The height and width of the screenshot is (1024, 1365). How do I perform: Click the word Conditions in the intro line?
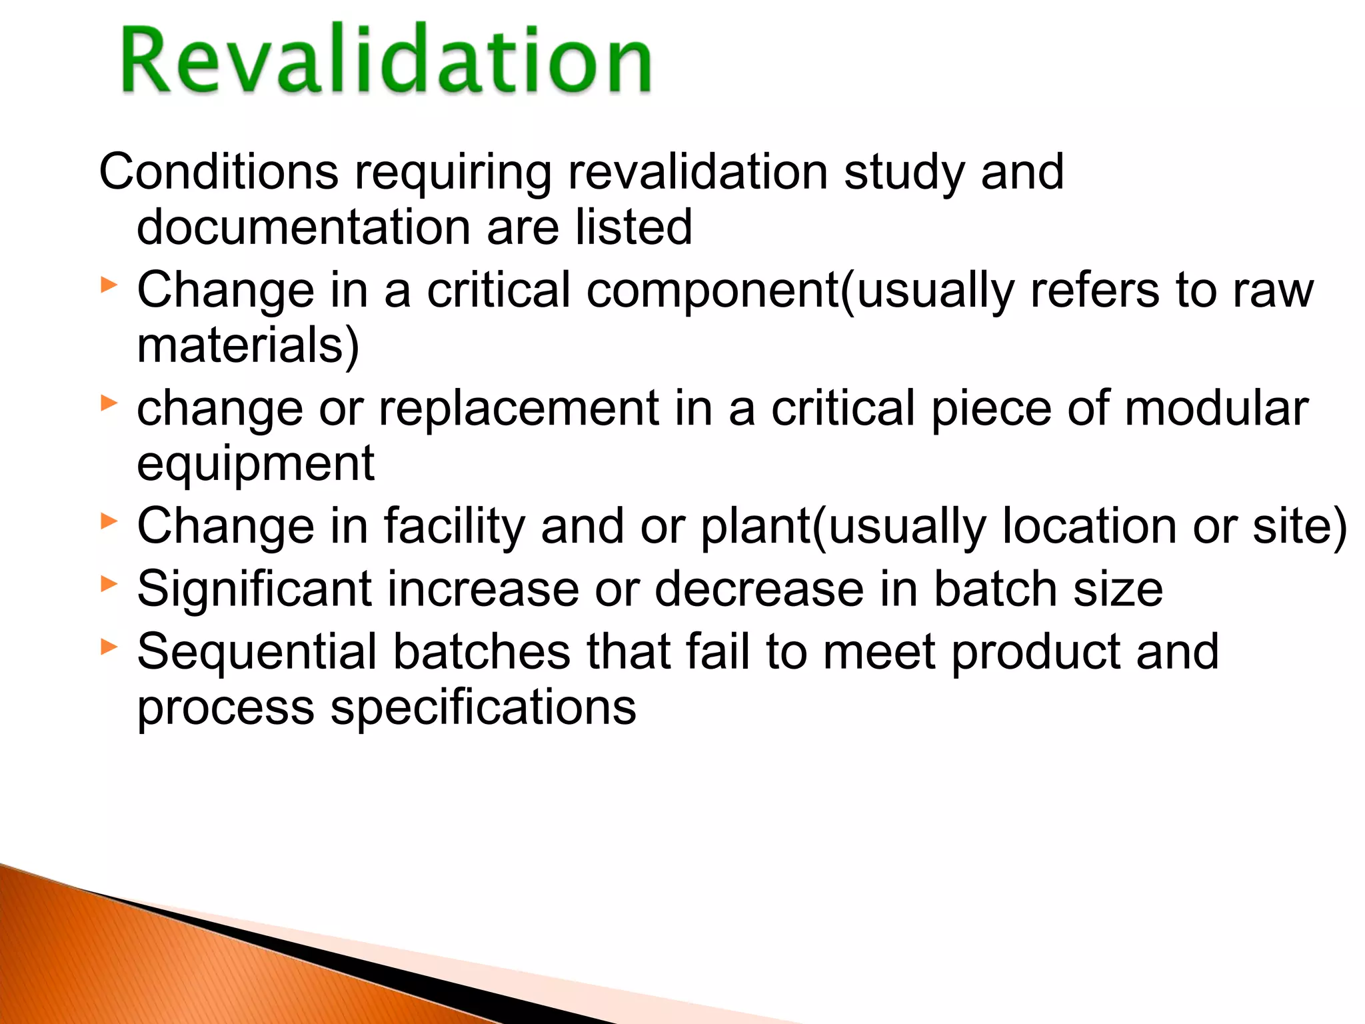[x=219, y=172]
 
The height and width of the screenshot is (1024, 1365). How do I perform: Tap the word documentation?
[x=303, y=227]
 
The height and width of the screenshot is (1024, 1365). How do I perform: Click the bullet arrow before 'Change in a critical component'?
[x=109, y=286]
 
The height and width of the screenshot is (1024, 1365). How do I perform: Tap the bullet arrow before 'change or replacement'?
[x=109, y=403]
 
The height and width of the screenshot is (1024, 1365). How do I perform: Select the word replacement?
[x=519, y=409]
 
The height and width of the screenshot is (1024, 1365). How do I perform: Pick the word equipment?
[x=255, y=463]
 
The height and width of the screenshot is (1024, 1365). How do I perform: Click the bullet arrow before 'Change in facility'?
[x=109, y=521]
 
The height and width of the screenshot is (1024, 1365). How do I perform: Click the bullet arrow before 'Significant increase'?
[x=109, y=584]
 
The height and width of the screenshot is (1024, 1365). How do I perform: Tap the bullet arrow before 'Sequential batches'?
[x=109, y=646]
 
